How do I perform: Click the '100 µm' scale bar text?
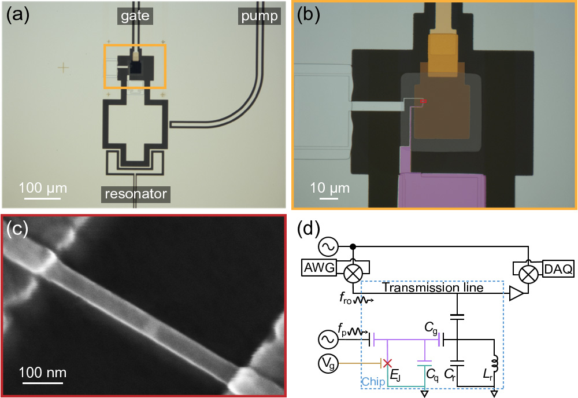coord(42,187)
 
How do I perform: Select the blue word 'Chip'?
coord(373,382)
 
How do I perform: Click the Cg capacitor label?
coord(431,328)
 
